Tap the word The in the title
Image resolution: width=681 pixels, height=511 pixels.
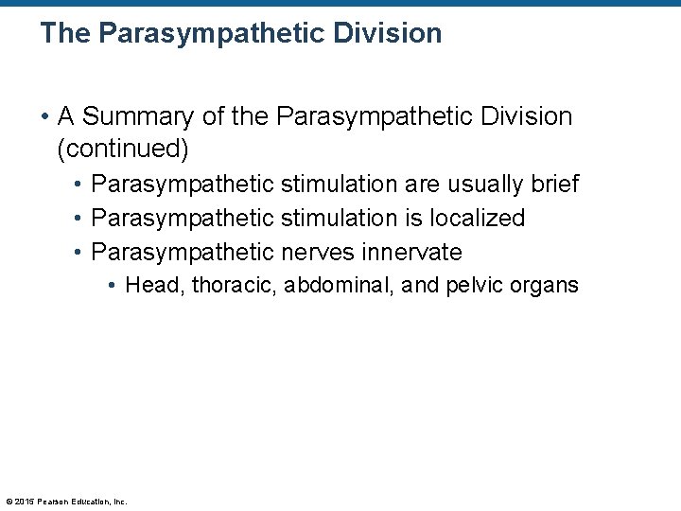pyautogui.click(x=64, y=34)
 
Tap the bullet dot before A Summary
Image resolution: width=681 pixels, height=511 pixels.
pyautogui.click(x=45, y=117)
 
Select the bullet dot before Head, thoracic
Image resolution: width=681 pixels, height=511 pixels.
pyautogui.click(x=112, y=285)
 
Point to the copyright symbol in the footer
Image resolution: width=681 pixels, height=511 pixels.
pyautogui.click(x=9, y=502)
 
